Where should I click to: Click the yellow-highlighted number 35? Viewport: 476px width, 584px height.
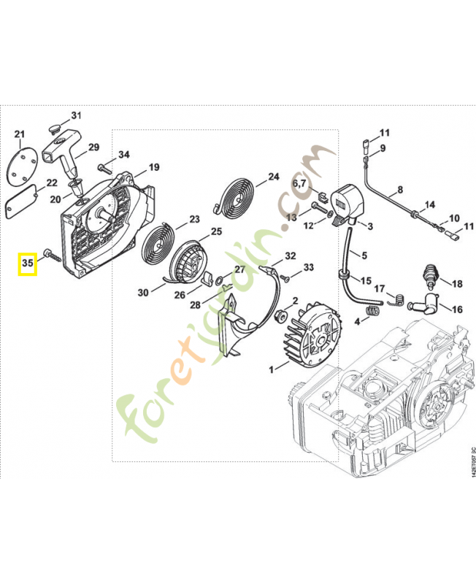tap(28, 263)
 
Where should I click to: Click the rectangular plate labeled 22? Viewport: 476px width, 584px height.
tap(22, 201)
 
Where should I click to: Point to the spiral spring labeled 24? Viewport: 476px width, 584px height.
tap(239, 195)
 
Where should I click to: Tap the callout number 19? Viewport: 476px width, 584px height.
tap(153, 167)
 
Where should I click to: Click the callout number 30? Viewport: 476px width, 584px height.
tap(143, 292)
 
